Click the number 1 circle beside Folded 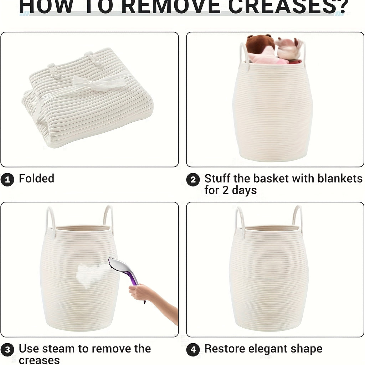click(7, 179)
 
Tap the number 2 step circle click(193, 180)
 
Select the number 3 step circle click(7, 349)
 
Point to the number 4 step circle click(193, 349)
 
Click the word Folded click(36, 178)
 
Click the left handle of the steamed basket click(50, 221)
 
